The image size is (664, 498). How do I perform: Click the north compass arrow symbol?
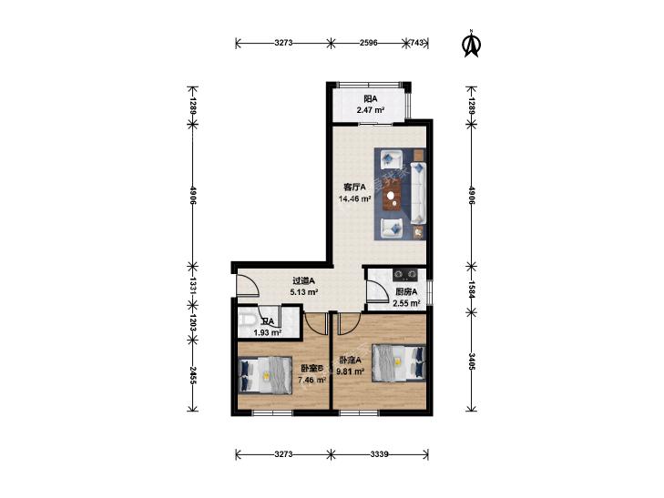471,43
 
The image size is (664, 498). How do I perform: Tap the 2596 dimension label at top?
368,43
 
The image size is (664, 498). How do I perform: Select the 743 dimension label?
417,43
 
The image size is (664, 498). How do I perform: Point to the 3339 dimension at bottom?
379,454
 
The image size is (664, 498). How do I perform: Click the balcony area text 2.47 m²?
371,110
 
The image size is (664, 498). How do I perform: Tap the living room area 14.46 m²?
355,198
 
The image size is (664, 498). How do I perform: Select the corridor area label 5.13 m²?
304,291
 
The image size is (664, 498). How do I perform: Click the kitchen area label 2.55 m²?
406,303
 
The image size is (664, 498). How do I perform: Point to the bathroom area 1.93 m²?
268,332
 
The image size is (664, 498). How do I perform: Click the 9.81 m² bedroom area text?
350,371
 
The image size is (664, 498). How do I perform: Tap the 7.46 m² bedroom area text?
312,380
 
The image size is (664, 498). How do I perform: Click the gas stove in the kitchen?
405,275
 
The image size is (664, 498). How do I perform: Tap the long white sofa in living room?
418,192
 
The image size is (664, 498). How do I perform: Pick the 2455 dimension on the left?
193,375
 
